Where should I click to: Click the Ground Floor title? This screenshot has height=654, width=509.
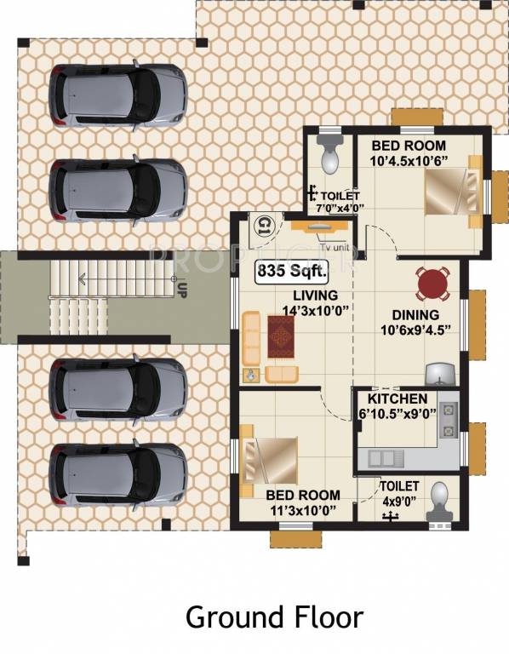[274, 617]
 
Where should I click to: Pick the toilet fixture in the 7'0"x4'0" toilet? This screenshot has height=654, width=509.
[328, 152]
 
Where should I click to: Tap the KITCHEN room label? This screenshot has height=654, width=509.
[397, 399]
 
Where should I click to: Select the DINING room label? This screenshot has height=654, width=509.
[410, 315]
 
